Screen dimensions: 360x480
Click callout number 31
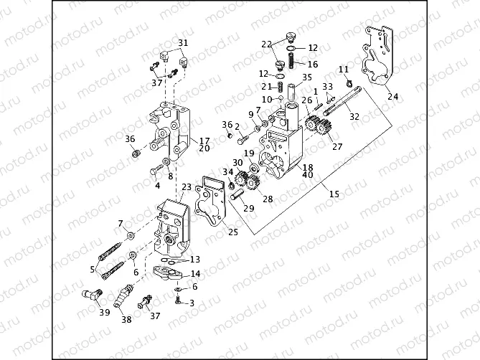point(182,43)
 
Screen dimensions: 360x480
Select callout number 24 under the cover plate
point(392,95)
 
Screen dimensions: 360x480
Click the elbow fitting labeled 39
point(91,295)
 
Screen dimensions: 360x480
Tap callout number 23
point(187,186)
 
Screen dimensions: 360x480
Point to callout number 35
point(306,77)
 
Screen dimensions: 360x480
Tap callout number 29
point(248,208)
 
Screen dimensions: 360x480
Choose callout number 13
point(195,260)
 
